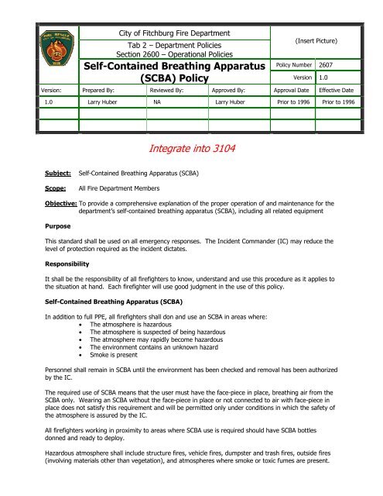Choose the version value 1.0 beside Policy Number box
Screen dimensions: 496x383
321,77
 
